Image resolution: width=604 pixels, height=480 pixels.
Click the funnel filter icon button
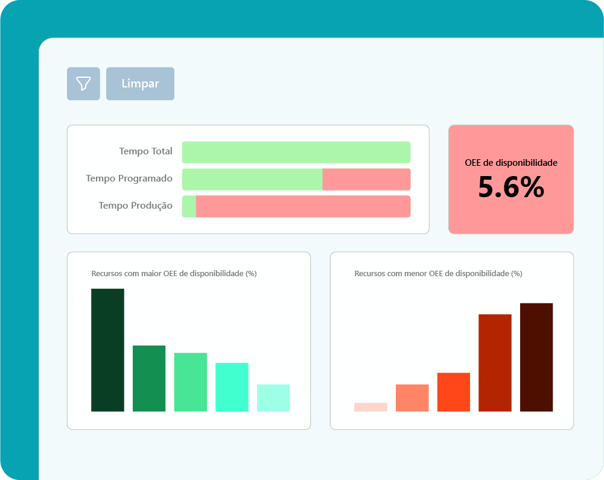click(x=83, y=84)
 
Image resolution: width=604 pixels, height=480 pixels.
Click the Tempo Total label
click(x=145, y=151)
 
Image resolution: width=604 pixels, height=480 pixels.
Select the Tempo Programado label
click(x=129, y=178)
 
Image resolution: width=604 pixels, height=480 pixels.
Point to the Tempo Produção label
click(x=136, y=206)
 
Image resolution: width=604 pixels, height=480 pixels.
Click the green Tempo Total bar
click(x=296, y=152)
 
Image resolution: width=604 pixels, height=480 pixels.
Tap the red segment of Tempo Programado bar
click(x=366, y=179)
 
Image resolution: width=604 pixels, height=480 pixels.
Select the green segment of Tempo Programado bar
click(x=252, y=179)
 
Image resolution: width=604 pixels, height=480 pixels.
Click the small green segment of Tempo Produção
click(x=189, y=206)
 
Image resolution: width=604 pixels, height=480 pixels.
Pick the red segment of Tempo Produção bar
click(x=303, y=206)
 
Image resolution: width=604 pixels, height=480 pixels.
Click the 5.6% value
click(x=511, y=187)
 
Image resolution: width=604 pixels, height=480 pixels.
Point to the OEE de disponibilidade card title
click(x=511, y=163)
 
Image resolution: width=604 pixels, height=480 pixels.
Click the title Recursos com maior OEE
click(x=174, y=274)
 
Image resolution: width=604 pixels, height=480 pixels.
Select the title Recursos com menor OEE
click(x=438, y=274)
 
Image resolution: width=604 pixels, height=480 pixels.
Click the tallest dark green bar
click(x=108, y=350)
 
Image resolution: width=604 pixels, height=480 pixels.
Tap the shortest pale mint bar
click(x=273, y=397)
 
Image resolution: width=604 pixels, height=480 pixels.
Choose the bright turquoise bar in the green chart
click(x=232, y=387)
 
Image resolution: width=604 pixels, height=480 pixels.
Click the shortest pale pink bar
click(x=370, y=407)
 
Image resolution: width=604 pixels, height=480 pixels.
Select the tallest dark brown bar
click(x=536, y=357)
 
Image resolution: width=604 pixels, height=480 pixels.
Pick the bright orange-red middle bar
click(x=454, y=392)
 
